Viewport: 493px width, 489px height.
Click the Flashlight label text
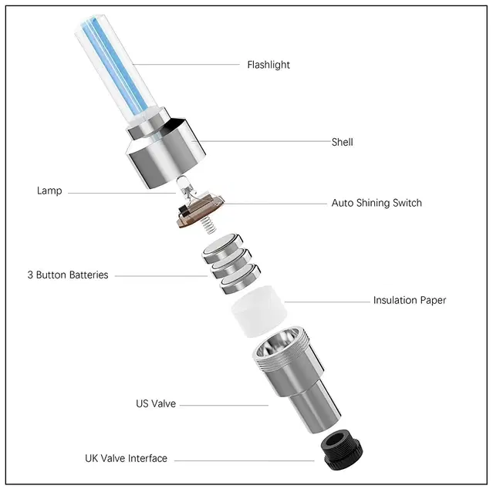point(268,65)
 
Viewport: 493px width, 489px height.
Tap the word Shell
point(342,142)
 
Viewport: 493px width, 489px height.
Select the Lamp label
point(49,191)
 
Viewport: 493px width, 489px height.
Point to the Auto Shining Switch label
point(377,203)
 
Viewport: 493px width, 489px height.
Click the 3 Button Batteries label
point(68,275)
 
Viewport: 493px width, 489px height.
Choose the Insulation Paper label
point(410,300)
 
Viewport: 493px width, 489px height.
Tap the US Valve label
point(156,403)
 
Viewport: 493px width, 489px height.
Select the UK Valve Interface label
point(126,458)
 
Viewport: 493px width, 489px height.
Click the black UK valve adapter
point(342,450)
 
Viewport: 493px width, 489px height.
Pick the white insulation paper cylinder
point(259,311)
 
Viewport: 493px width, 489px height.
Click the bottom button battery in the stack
point(240,278)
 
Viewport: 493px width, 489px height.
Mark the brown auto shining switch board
point(200,209)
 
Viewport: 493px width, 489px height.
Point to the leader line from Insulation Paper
point(327,302)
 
